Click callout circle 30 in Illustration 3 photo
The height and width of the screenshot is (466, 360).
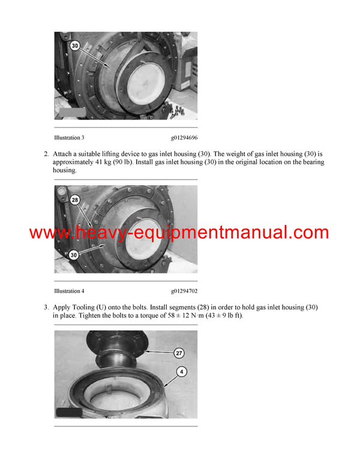(74, 45)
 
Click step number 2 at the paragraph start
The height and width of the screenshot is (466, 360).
(46, 154)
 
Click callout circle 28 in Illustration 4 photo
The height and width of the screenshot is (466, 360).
(74, 199)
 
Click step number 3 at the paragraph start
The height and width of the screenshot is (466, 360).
(46, 307)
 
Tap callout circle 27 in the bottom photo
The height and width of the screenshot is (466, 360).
(179, 353)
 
